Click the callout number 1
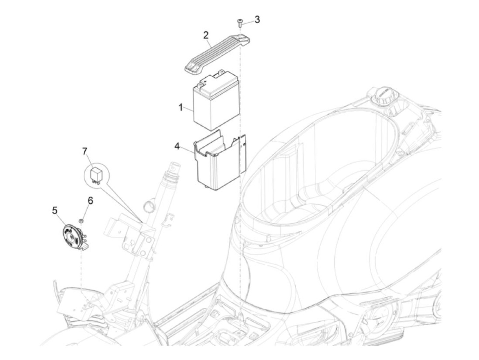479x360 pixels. click(180, 107)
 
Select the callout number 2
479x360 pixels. click(206, 35)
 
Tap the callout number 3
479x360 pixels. click(257, 20)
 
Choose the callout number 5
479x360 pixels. click(55, 210)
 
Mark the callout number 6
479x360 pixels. click(90, 201)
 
